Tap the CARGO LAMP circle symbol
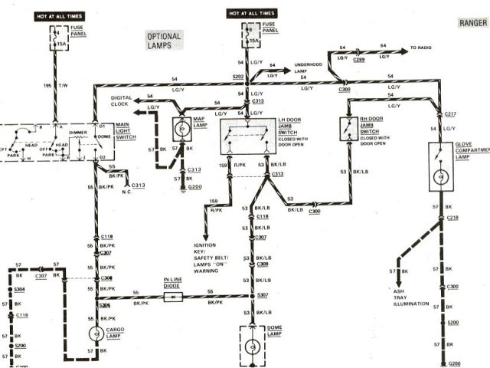pyautogui.click(x=96, y=333)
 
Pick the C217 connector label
pyautogui.click(x=452, y=113)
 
